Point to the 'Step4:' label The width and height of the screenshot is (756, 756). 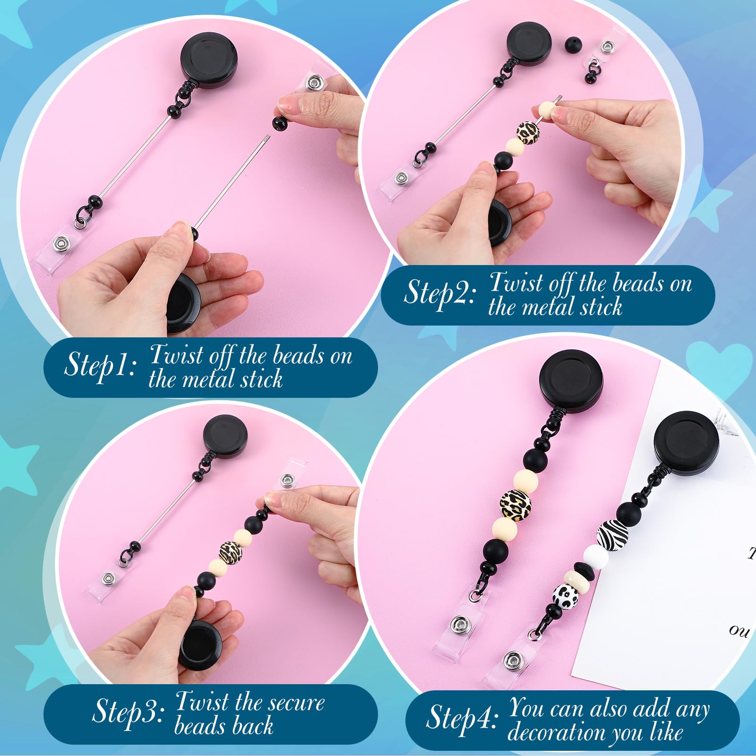pos(462,718)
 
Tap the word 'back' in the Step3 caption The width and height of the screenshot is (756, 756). pos(252,726)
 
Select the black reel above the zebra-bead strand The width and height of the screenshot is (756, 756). pos(687,446)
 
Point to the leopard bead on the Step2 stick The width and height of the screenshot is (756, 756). pos(528,133)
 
